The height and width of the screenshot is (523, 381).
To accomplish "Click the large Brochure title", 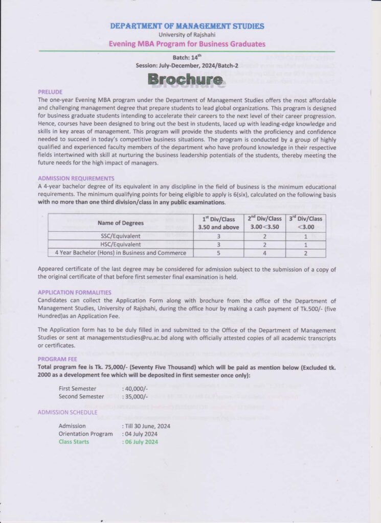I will (x=185, y=79).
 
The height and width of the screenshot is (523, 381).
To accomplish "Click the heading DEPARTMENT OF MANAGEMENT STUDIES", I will (x=187, y=26).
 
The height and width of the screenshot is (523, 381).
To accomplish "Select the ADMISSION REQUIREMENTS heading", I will (x=76, y=178).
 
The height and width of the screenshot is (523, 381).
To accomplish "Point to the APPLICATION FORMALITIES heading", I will (x=75, y=293).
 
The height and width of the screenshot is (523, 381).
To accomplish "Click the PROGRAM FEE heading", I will (x=57, y=359).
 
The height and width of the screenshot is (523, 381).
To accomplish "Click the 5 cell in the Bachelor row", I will (x=219, y=253).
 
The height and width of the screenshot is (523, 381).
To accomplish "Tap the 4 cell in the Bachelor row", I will (x=264, y=253).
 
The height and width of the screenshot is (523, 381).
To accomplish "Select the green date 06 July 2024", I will (x=142, y=442).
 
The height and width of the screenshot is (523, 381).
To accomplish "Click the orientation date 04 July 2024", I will (x=141, y=434).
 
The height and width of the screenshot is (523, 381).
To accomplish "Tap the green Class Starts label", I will (x=74, y=442).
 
